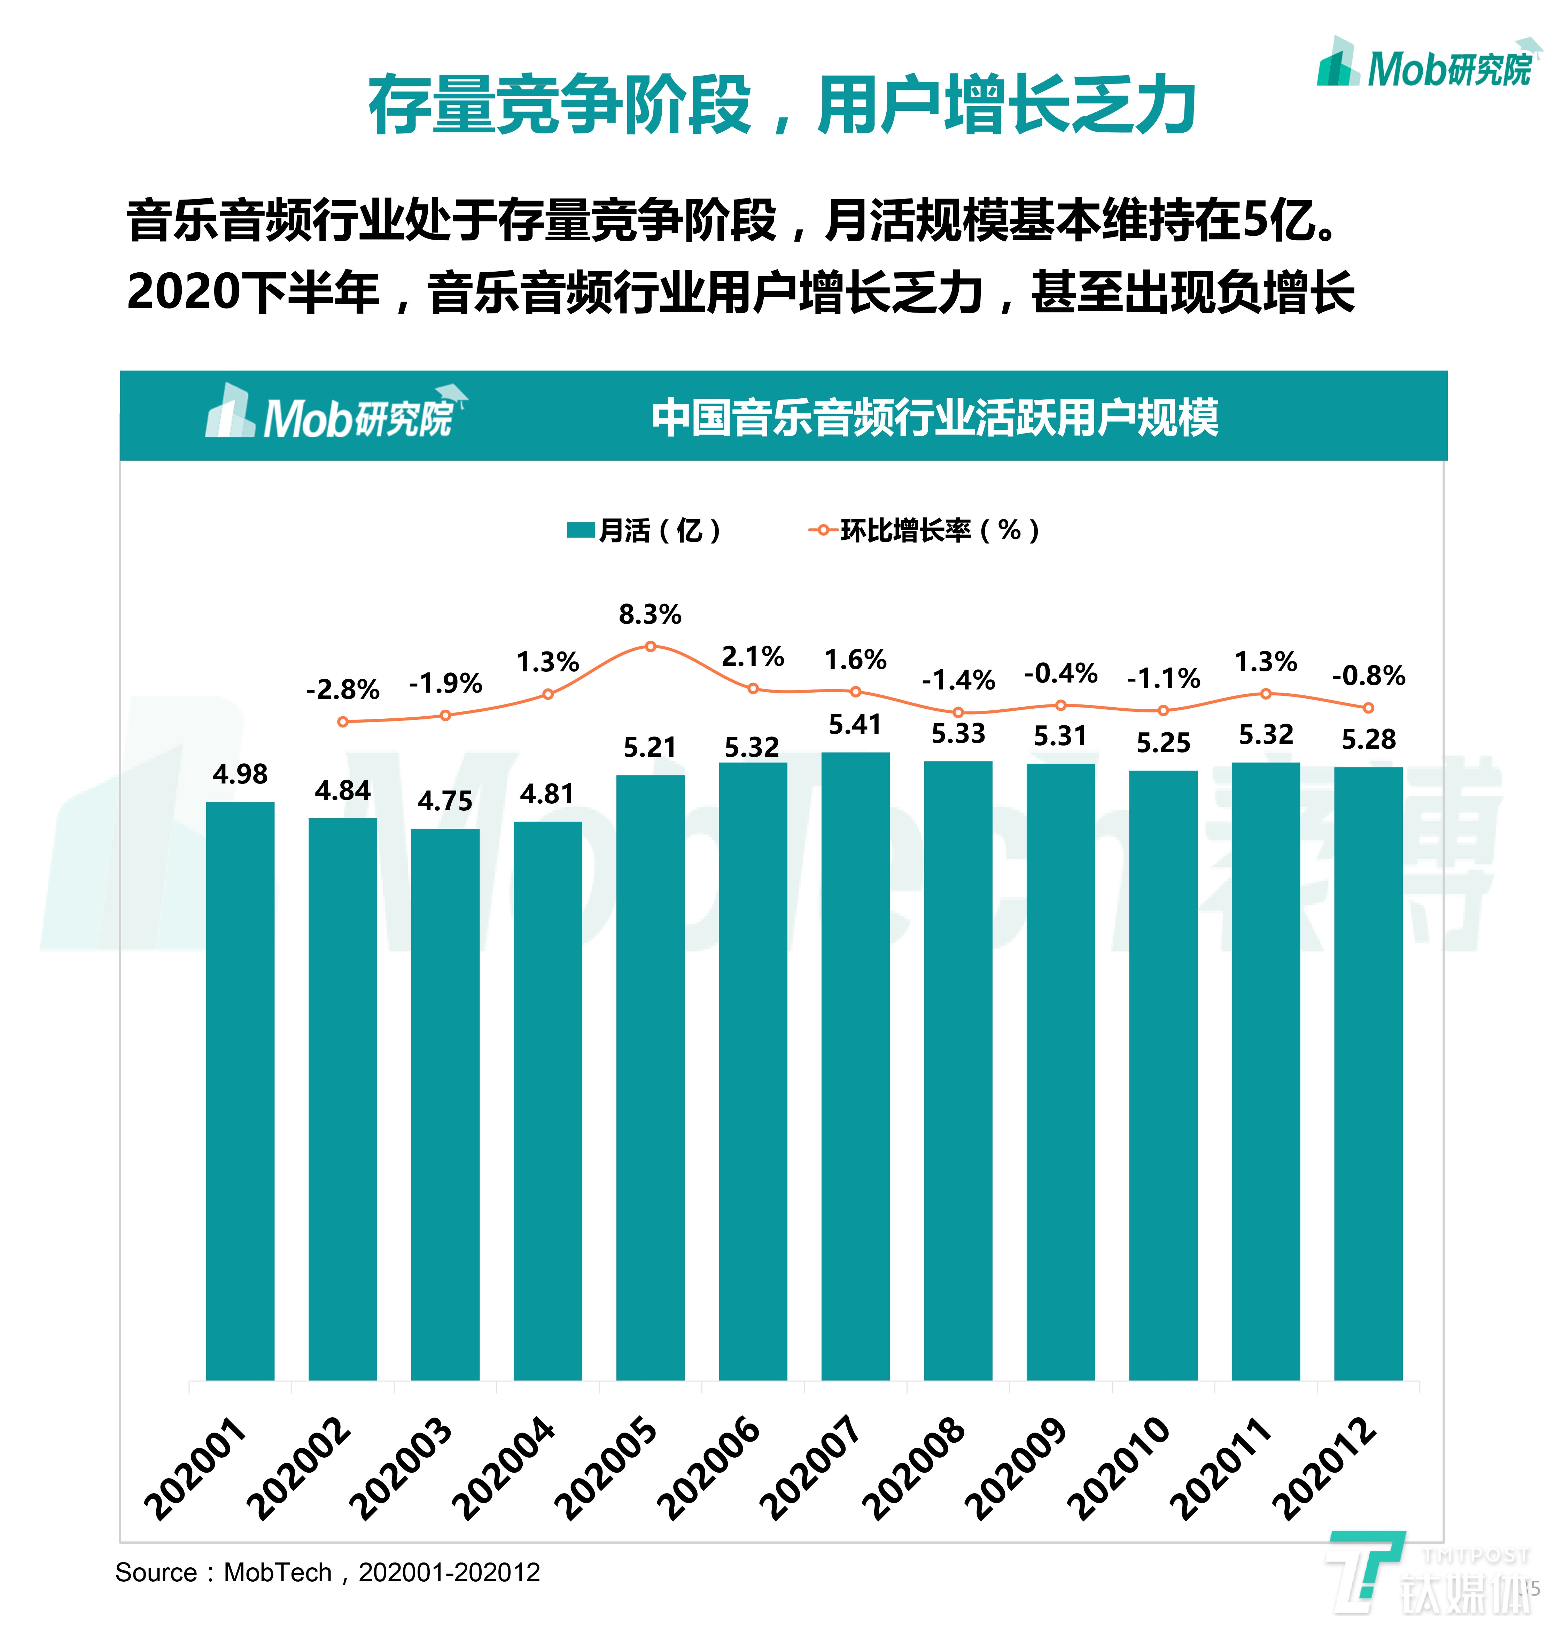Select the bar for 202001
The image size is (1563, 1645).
click(x=240, y=1091)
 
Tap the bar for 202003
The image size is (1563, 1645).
click(x=445, y=1104)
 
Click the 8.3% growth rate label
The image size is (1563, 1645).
click(x=650, y=615)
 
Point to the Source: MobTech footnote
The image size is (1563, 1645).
click(x=327, y=1573)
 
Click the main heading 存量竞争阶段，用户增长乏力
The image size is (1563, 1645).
click(x=781, y=105)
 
